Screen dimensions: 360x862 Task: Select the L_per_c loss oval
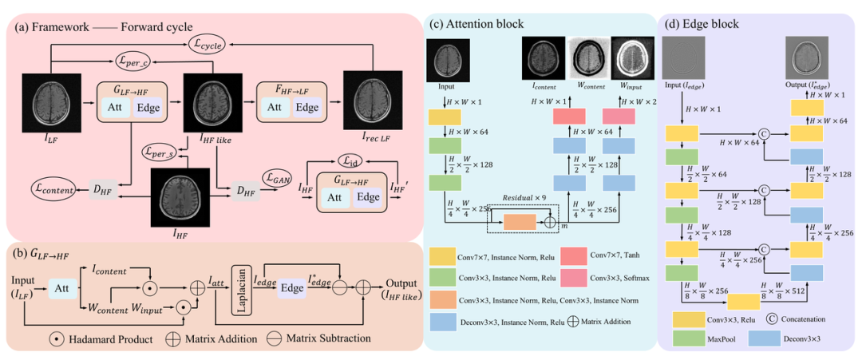(134, 58)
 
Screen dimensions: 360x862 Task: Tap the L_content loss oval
(47, 190)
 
